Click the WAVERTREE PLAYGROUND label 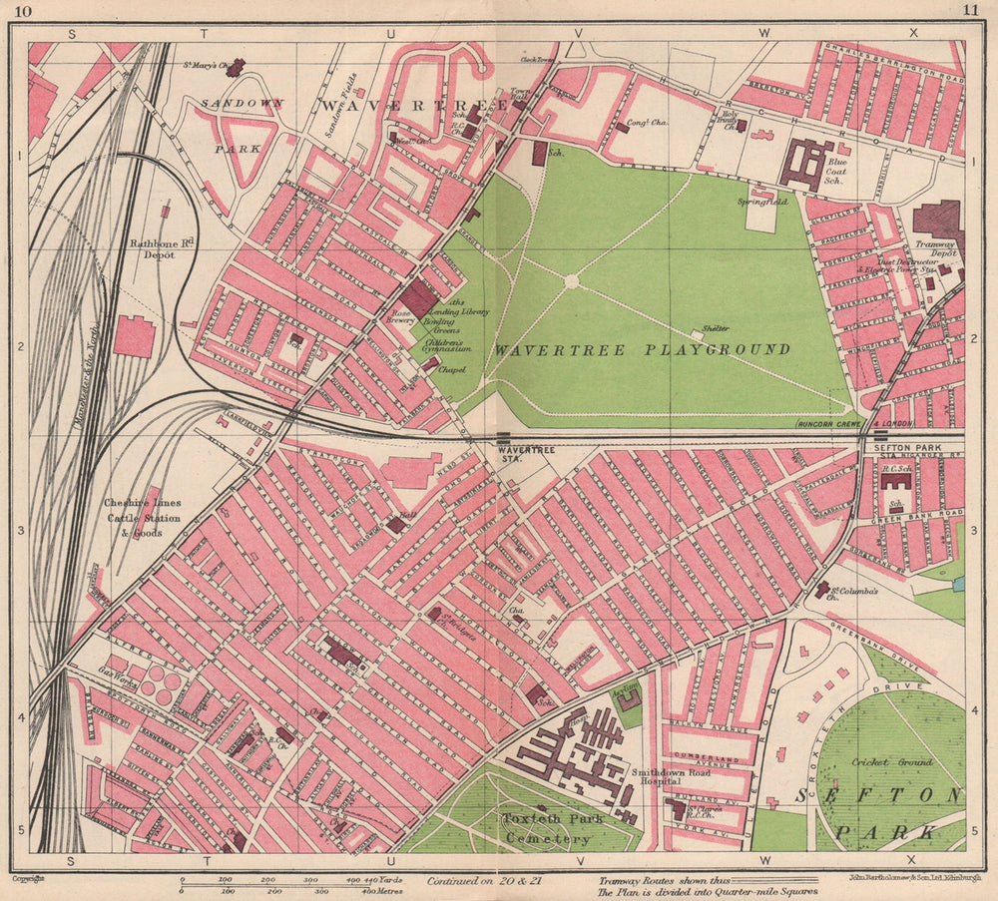(642, 350)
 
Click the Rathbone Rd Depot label (153, 247)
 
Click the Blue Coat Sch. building (806, 165)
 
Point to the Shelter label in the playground (715, 328)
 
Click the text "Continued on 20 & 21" (485, 882)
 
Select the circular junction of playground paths (571, 281)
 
